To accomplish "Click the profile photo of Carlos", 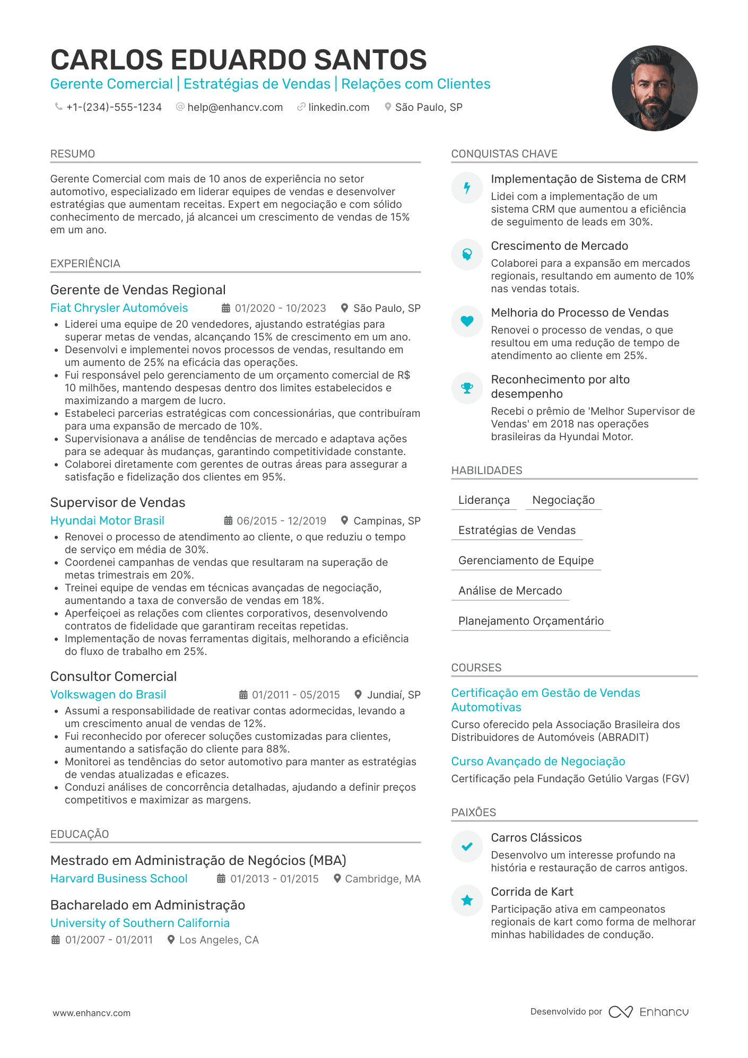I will point(654,88).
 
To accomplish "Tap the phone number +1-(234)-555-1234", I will point(114,107).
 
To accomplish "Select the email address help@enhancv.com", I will point(235,107).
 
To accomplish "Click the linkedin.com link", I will point(338,107).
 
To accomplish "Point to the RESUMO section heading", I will point(73,154).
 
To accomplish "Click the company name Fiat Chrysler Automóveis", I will point(119,308).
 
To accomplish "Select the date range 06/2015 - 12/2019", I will point(281,521).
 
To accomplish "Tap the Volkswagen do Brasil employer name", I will point(108,695).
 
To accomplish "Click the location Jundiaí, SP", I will point(394,695).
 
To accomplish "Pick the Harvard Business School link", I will point(119,879).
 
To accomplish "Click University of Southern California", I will point(140,923).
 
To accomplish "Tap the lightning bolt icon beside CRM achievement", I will point(467,188).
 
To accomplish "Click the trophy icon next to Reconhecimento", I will point(467,388).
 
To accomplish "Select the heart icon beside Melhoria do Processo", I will point(467,321).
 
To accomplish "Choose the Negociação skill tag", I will point(563,500).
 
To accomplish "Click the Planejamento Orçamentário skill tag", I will point(531,621).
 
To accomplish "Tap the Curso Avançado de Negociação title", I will point(538,762).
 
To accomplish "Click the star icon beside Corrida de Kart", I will point(467,900).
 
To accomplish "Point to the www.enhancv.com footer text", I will point(91,1013).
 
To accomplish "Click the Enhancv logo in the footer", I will point(649,1012).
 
